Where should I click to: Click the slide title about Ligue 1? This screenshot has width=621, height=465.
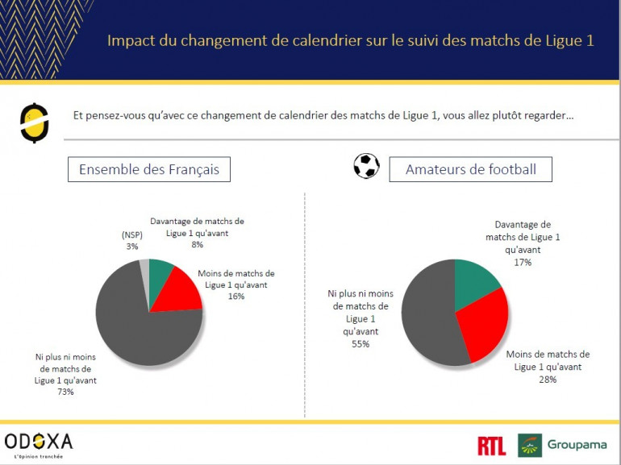[x=350, y=40]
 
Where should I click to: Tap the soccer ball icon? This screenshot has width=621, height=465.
[x=366, y=166]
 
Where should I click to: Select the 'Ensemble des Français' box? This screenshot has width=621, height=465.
[x=149, y=170]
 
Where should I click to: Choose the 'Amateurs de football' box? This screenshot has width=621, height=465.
[x=470, y=170]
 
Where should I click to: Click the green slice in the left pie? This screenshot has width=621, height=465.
[x=160, y=272]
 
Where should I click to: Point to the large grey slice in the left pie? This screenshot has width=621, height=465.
[x=137, y=326]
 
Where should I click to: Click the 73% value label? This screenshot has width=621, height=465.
[x=65, y=392]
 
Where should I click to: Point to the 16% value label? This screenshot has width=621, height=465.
[x=235, y=296]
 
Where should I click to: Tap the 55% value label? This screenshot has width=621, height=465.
[x=360, y=344]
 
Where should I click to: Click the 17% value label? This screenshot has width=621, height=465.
[x=522, y=262]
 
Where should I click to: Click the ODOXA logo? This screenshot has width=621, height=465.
[x=38, y=442]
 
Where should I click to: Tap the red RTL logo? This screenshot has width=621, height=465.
[x=492, y=445]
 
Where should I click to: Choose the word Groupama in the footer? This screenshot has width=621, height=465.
[x=577, y=445]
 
